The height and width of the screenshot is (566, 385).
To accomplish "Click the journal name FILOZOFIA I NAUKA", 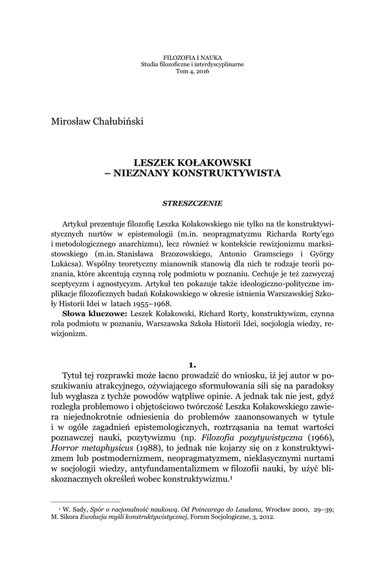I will pyautogui.click(x=192, y=57).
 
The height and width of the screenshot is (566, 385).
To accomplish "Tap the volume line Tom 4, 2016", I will pyautogui.click(x=192, y=71).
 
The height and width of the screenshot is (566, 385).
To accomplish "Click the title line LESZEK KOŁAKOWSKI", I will pyautogui.click(x=192, y=163).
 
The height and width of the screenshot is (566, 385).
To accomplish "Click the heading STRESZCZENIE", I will pyautogui.click(x=192, y=203).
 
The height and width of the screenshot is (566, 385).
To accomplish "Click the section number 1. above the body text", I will pyautogui.click(x=192, y=365).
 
